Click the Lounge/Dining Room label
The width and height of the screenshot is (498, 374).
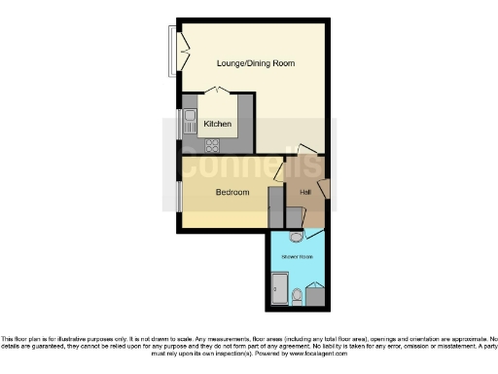pos(255,63)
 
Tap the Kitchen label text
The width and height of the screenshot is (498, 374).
pos(217,124)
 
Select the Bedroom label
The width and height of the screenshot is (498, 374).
pos(231,193)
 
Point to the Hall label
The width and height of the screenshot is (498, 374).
pos(305,192)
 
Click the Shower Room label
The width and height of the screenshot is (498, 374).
pos(297,256)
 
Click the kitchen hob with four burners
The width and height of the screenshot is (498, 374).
pos(211,145)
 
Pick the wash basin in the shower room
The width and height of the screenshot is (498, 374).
pos(296,236)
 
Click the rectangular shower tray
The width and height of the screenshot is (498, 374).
pos(278,289)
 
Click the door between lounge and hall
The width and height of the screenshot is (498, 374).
pos(309,150)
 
